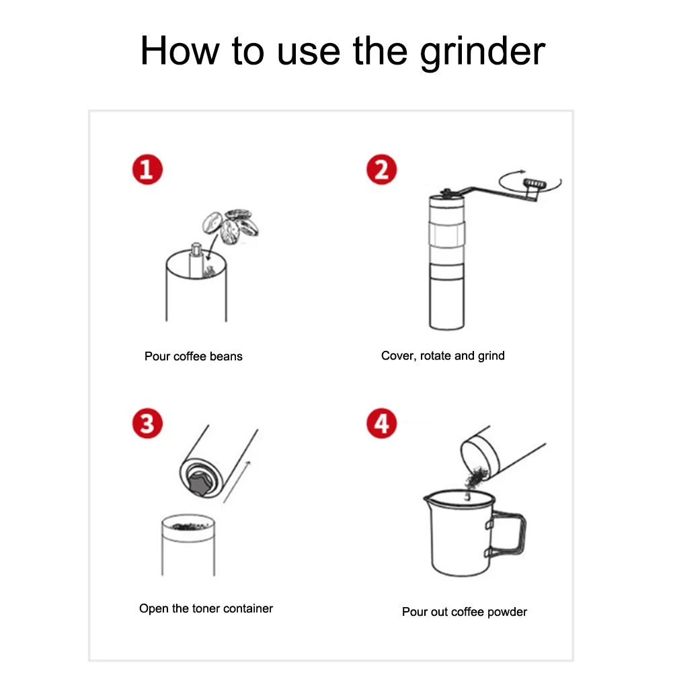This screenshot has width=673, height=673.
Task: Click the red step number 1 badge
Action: click(147, 169)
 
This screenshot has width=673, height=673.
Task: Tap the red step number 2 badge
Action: click(382, 169)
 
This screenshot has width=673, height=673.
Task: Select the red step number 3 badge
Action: click(147, 423)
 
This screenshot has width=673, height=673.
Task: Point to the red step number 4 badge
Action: click(382, 423)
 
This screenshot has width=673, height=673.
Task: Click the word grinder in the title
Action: click(483, 52)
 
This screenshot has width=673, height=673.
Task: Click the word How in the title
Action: click(180, 50)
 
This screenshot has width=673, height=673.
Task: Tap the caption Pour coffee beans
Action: click(194, 356)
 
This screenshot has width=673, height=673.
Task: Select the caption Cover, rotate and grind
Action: click(443, 356)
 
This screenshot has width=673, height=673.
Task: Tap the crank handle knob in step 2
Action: click(535, 184)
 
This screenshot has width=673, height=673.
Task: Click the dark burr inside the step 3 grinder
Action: click(199, 483)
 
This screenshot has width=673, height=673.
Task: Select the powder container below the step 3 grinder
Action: click(188, 545)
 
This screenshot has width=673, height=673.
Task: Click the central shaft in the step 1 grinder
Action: click(196, 260)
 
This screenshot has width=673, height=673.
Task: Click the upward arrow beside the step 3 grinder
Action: click(237, 481)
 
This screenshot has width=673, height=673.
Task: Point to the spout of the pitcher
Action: click(428, 498)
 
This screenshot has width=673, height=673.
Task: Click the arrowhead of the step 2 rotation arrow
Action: click(522, 171)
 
